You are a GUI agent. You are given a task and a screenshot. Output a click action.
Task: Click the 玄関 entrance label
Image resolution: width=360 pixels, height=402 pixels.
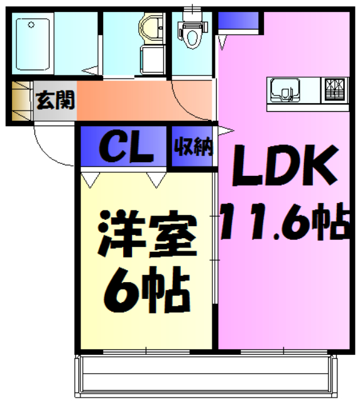click(x=55, y=99)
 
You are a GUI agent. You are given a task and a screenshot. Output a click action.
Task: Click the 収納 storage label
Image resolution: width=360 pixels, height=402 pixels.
click(x=194, y=147)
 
